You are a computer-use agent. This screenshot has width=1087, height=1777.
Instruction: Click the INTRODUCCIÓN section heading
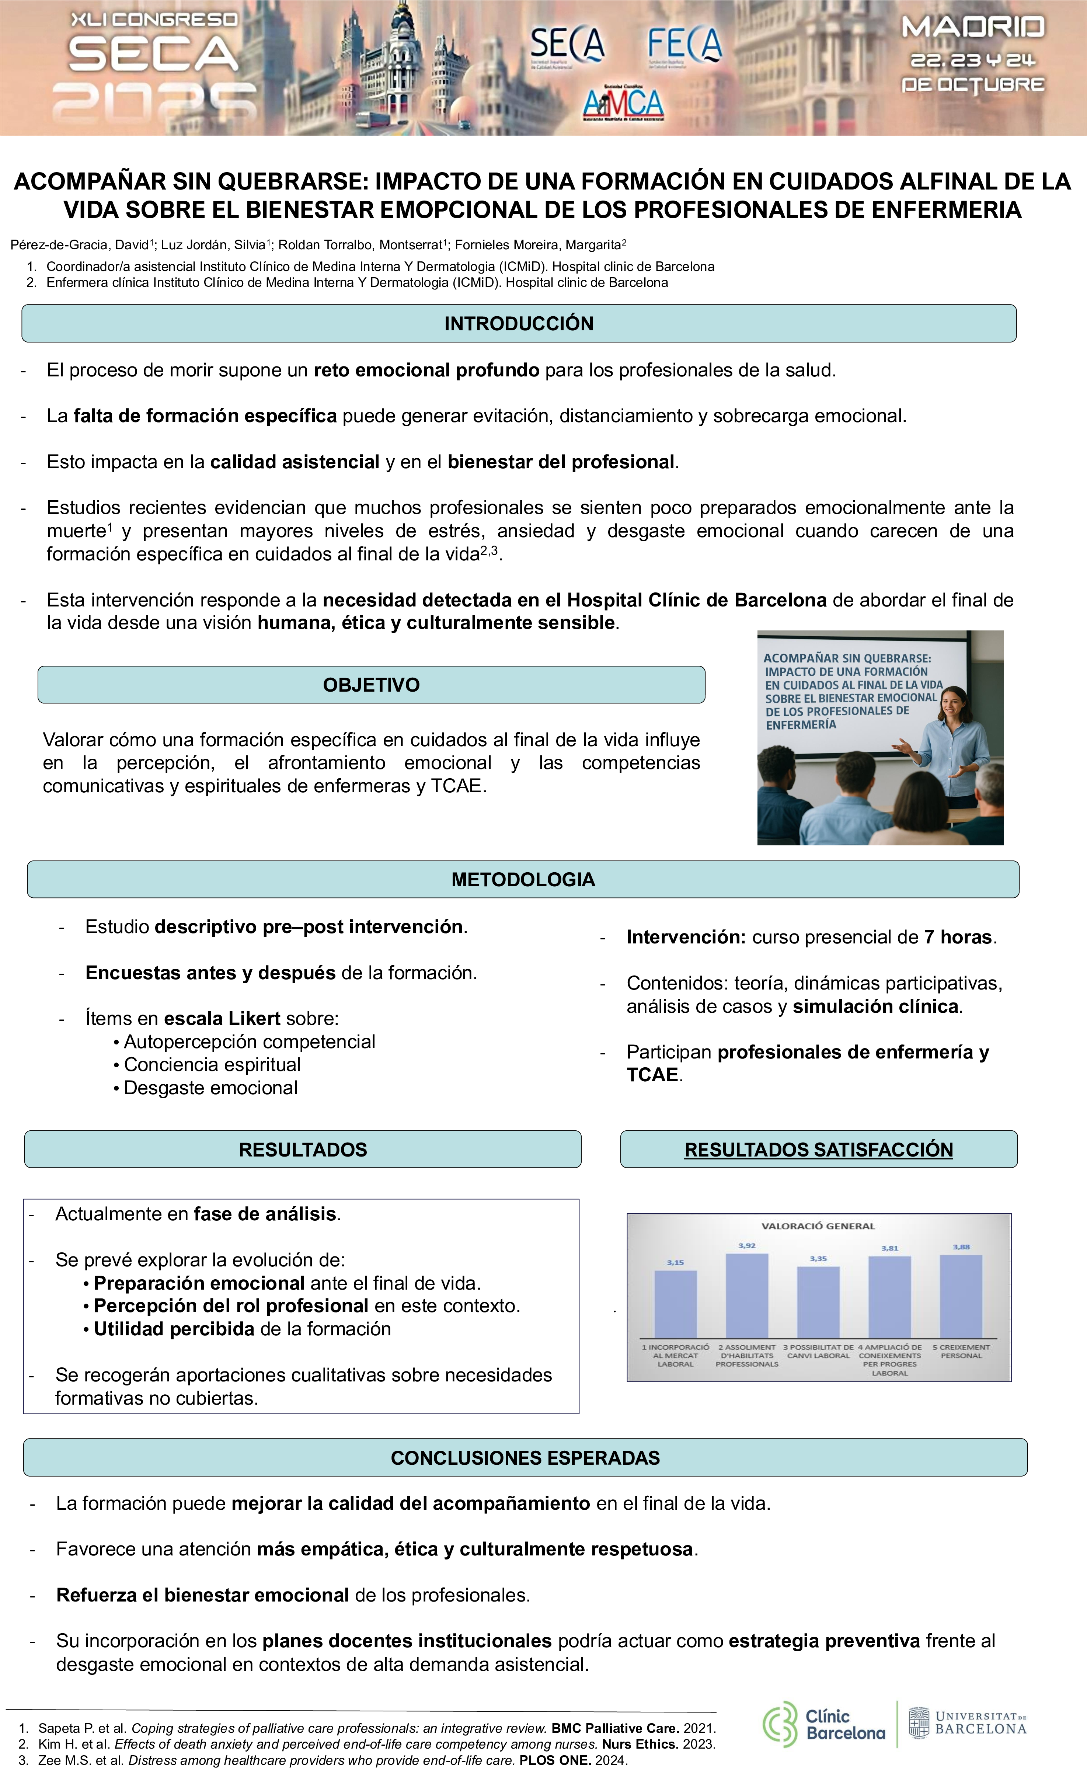click(x=519, y=324)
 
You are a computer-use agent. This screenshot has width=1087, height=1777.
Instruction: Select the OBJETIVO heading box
click(x=371, y=685)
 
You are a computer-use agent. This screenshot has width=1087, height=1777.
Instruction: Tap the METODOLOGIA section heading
click(x=523, y=880)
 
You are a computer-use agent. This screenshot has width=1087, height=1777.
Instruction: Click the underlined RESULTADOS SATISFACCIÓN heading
click(x=819, y=1150)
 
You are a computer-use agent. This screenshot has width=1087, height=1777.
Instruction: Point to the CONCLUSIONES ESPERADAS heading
click(x=526, y=1457)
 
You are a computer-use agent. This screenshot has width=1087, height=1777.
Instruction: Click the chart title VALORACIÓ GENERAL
click(x=818, y=1226)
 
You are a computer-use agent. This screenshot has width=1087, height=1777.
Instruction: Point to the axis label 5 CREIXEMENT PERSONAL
click(x=961, y=1352)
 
